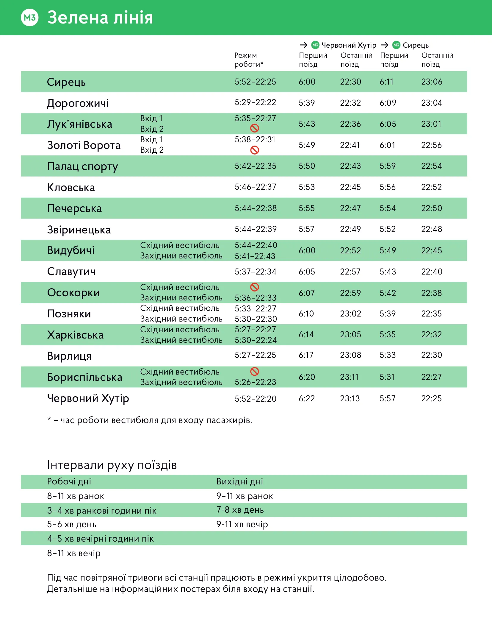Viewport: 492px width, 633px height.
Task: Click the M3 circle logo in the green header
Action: [x=30, y=18]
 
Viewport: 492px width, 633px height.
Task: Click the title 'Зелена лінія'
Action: [x=100, y=18]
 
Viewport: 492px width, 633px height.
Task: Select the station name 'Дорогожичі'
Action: [x=78, y=103]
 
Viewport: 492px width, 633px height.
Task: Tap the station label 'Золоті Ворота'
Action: [x=84, y=145]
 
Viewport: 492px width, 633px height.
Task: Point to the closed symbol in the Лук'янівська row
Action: [x=255, y=128]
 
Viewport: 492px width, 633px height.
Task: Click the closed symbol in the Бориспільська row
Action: [x=255, y=371]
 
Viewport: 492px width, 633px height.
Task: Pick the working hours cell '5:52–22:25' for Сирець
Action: [x=255, y=82]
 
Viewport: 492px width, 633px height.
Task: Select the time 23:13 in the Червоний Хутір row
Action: [x=350, y=398]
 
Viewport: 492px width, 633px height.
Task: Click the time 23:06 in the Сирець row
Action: [x=432, y=82]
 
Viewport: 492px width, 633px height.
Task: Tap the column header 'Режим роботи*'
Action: [x=249, y=60]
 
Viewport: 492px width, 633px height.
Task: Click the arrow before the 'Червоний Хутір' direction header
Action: [x=303, y=45]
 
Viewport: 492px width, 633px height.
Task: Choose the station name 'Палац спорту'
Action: [x=83, y=166]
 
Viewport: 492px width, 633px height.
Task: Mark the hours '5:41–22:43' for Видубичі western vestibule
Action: [x=255, y=256]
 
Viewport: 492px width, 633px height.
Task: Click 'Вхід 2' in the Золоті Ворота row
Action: [x=152, y=150]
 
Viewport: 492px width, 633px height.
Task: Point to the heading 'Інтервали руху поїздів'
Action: [x=112, y=465]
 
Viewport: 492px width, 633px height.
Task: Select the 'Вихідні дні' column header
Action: [x=239, y=481]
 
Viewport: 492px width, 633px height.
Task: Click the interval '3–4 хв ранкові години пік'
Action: [x=102, y=511]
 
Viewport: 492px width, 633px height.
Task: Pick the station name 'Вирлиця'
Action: [x=69, y=356]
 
